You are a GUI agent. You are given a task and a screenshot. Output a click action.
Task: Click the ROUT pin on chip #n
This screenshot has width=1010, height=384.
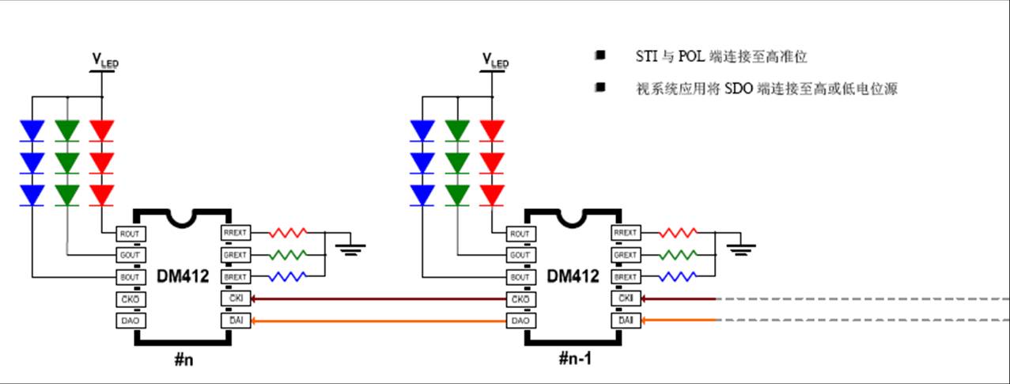(x=128, y=234)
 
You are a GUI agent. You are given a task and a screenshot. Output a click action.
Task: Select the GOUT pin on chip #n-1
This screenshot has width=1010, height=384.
(x=519, y=255)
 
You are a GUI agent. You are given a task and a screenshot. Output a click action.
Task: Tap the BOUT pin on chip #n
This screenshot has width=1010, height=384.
(x=128, y=277)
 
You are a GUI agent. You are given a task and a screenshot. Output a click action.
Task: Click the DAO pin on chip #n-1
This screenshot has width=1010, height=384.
(x=519, y=321)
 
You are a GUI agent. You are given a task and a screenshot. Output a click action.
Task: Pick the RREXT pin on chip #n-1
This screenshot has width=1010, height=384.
(x=625, y=234)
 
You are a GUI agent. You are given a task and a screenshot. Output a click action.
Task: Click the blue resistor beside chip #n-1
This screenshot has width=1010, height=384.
(x=678, y=277)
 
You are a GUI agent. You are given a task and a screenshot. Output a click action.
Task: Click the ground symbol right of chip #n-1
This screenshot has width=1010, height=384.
(x=740, y=249)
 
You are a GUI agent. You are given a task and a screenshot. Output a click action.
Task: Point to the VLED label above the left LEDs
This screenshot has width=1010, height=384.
(x=104, y=59)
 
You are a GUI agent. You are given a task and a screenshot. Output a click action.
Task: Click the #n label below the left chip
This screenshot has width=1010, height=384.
(x=184, y=358)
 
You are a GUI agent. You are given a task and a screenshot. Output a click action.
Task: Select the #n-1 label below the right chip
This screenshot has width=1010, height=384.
(x=574, y=358)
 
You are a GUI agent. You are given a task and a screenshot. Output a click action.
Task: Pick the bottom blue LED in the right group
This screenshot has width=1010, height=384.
(x=423, y=194)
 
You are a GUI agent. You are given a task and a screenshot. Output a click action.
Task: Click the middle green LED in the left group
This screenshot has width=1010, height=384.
(x=67, y=162)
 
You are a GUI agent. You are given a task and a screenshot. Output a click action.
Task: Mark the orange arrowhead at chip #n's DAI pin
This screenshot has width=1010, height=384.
(x=255, y=321)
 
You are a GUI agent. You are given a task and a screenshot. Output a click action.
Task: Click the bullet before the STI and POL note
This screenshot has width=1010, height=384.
(x=600, y=56)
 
